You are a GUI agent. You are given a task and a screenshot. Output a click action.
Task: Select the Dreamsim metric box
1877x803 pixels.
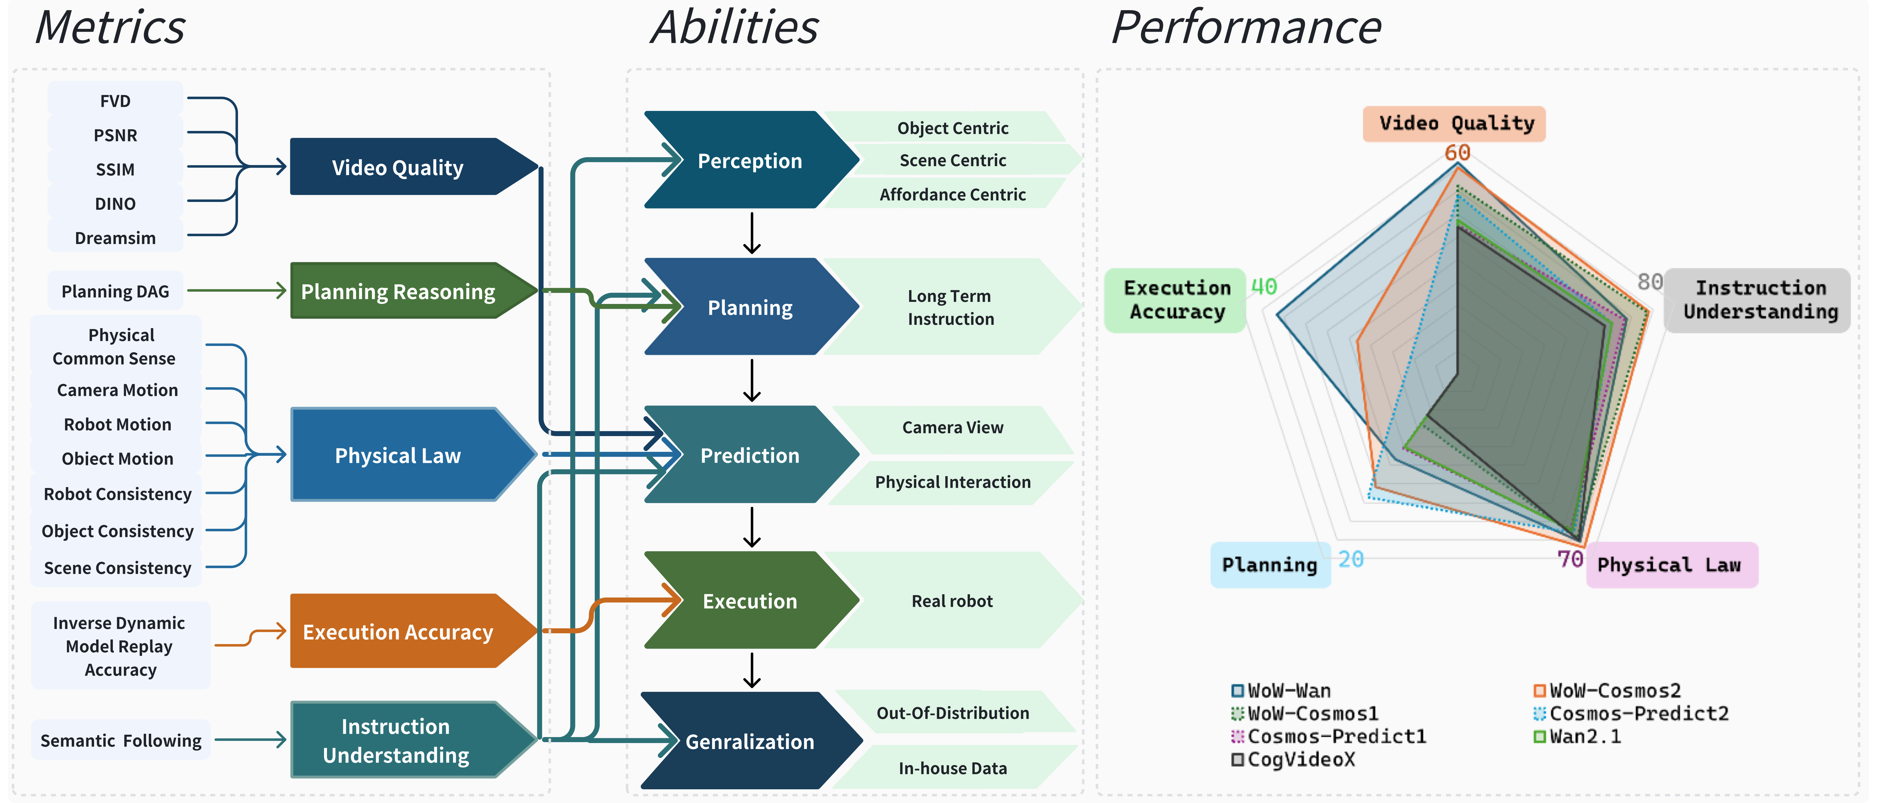coord(115,238)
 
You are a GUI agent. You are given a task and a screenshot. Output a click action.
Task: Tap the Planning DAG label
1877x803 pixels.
coord(115,291)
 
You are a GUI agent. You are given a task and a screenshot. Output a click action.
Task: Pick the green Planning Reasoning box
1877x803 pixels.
coord(398,291)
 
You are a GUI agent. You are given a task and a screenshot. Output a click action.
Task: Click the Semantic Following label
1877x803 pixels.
coord(121,740)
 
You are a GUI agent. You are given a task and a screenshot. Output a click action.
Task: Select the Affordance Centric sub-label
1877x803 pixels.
coord(952,194)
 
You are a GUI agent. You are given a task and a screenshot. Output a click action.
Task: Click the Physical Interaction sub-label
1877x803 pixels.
coord(952,482)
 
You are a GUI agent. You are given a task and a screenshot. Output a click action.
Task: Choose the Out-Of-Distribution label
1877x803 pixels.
coord(952,713)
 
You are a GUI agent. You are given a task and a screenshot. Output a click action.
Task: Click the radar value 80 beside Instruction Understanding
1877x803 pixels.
coord(1650,282)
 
